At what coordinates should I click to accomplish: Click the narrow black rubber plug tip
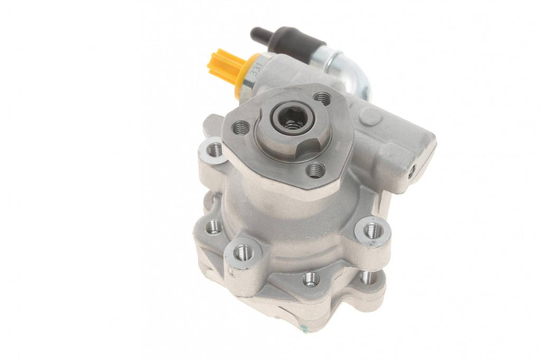pos(257,34)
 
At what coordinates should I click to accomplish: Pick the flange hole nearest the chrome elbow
pos(323,100)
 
